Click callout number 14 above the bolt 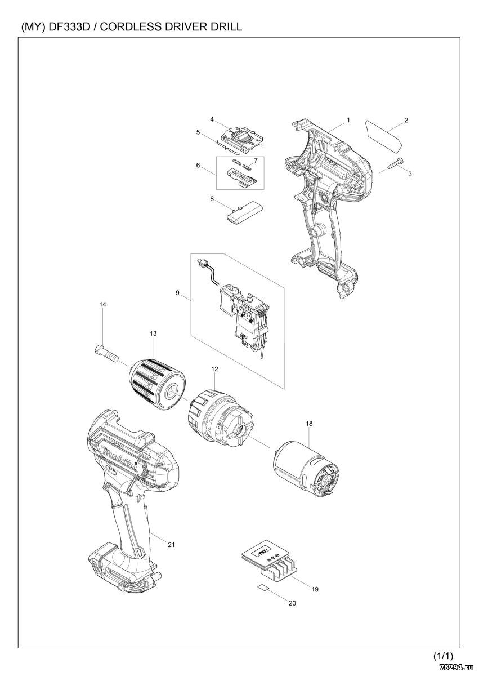103,305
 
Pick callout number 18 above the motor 309,424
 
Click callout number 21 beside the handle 171,545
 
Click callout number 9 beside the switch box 177,293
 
